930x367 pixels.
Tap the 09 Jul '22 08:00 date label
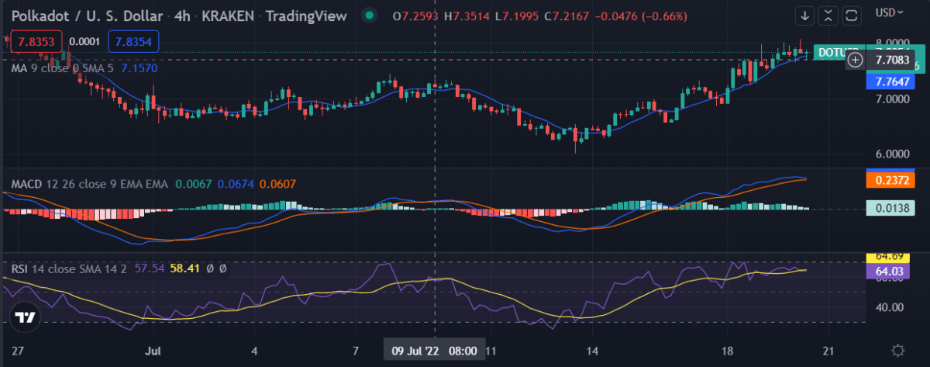pyautogui.click(x=434, y=349)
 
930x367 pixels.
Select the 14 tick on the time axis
pyautogui.click(x=592, y=350)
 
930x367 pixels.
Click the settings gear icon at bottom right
pyautogui.click(x=898, y=350)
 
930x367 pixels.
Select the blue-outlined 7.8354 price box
pyautogui.click(x=133, y=41)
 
